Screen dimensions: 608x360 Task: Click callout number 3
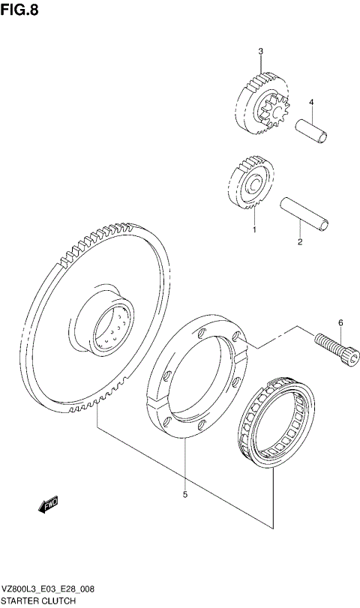click(x=260, y=52)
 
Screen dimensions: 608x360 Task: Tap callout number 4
click(x=311, y=102)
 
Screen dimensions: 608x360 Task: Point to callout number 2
click(x=299, y=242)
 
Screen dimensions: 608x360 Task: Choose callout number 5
click(x=184, y=494)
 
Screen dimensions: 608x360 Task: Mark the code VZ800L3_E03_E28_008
click(x=49, y=591)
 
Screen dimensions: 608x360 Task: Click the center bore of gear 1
click(x=256, y=184)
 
